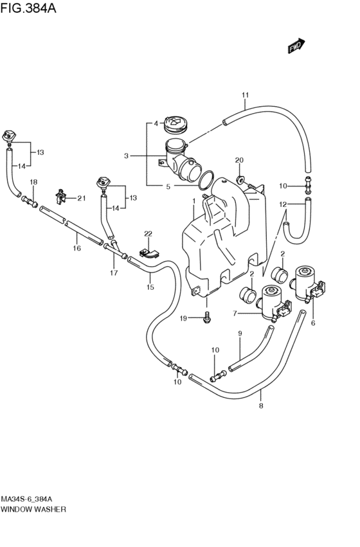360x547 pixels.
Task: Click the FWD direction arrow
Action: click(296, 46)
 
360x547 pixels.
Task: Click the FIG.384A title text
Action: click(28, 7)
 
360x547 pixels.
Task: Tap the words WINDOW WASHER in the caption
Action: click(33, 509)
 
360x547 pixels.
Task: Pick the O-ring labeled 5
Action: click(206, 181)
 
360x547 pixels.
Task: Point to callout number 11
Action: click(245, 95)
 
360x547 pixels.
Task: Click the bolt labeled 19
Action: click(207, 318)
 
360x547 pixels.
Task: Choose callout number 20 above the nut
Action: click(239, 161)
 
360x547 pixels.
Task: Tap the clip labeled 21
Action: click(61, 197)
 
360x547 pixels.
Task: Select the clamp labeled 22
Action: click(149, 253)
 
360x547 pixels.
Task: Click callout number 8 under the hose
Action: click(261, 406)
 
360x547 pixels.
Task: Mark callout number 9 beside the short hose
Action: click(240, 334)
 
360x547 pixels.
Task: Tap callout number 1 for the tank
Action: click(194, 201)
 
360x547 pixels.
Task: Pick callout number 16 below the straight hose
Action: click(76, 248)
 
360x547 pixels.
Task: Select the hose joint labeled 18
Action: click(30, 202)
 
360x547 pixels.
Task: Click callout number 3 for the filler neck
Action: click(126, 156)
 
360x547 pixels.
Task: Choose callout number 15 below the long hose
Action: click(150, 287)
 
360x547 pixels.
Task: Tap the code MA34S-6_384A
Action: click(27, 499)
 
